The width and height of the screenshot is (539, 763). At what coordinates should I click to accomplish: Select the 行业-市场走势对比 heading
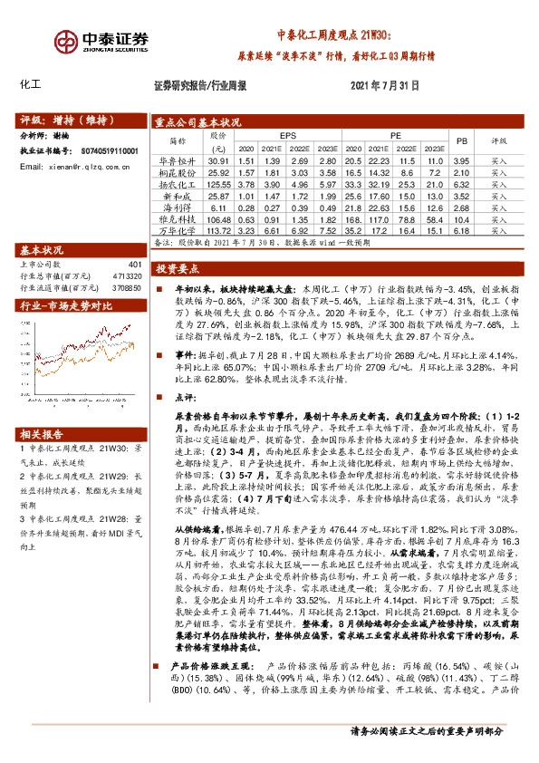pyautogui.click(x=65, y=306)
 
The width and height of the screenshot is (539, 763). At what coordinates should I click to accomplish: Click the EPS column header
pyautogui.click(x=287, y=136)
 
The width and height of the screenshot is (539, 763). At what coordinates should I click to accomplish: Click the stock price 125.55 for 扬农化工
pyautogui.click(x=219, y=183)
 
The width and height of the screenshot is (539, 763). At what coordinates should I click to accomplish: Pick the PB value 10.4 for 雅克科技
pyautogui.click(x=460, y=218)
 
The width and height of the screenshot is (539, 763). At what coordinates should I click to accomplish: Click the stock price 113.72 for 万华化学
pyautogui.click(x=219, y=230)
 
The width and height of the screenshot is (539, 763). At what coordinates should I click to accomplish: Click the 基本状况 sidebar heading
pyautogui.click(x=42, y=249)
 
